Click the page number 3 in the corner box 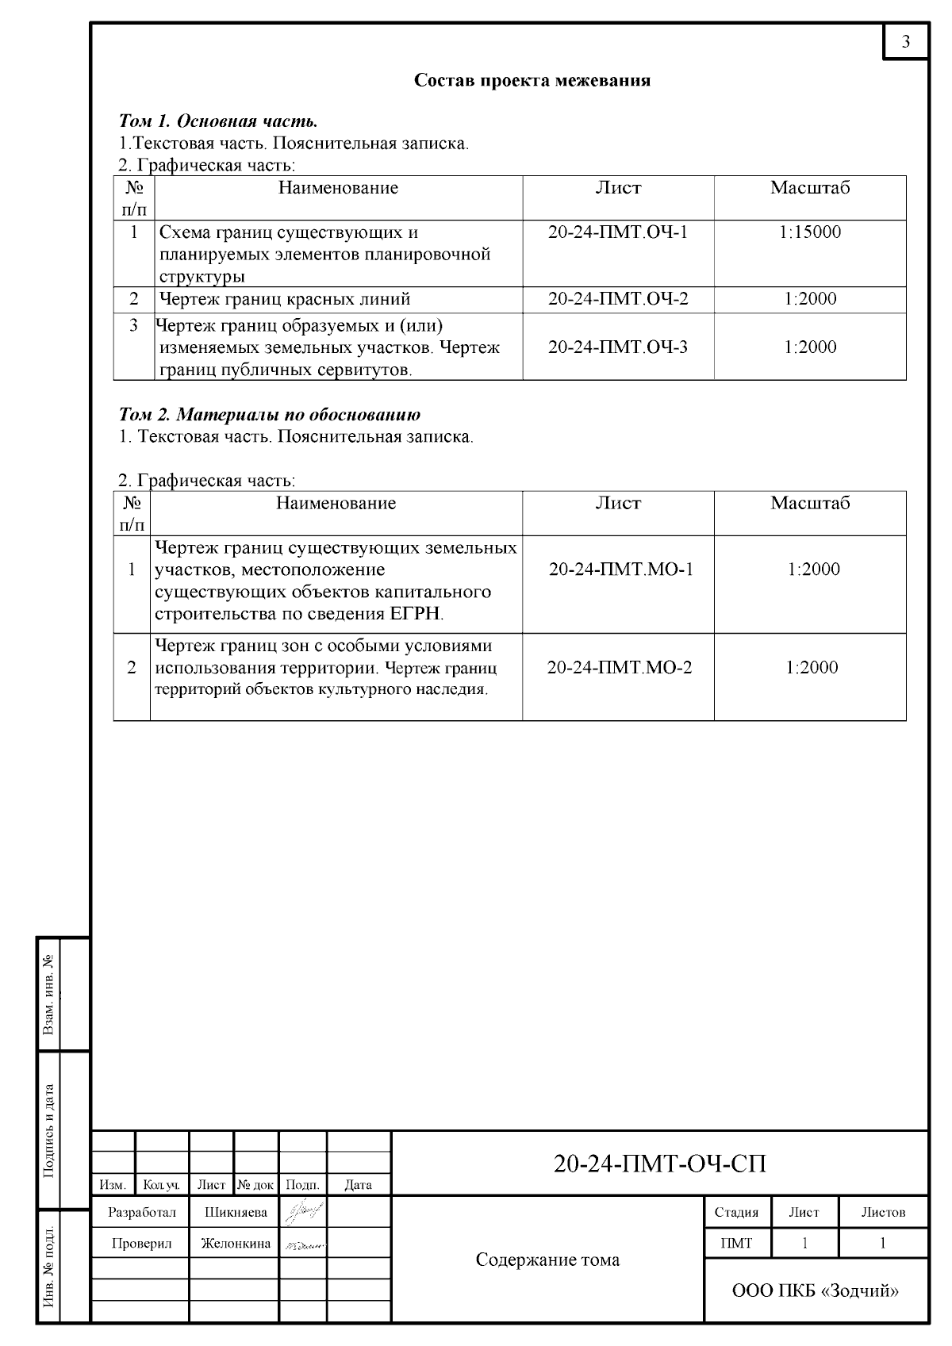pos(905,42)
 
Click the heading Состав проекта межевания pos(532,80)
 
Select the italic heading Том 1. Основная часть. pos(218,121)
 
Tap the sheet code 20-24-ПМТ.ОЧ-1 pos(618,232)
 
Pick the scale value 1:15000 pos(810,232)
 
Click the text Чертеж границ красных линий pos(285,299)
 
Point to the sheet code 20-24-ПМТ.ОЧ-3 pos(618,347)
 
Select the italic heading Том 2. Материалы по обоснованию pos(269,414)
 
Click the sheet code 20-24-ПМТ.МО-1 pos(621,569)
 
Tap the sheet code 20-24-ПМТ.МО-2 pos(620,667)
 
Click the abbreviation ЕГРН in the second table pos(416,614)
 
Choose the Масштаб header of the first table pos(810,188)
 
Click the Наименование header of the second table pos(336,503)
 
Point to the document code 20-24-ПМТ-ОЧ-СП pos(659,1164)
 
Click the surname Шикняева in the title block pos(236,1212)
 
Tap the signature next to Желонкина pos(303,1244)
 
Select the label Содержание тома pos(547,1260)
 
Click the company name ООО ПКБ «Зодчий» pos(816,1290)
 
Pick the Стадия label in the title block pos(736,1212)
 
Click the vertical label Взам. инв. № pos(49,995)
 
